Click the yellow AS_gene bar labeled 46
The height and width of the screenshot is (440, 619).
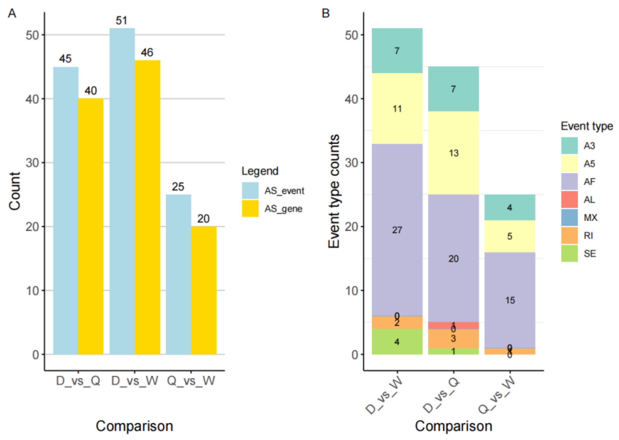point(147,207)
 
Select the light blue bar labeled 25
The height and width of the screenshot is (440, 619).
point(178,274)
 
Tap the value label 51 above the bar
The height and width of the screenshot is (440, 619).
point(121,21)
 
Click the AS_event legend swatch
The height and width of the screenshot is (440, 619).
point(250,190)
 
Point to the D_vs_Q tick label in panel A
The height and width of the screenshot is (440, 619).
point(78,381)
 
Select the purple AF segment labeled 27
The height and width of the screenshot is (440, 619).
point(397,230)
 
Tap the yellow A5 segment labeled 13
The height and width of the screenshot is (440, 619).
point(453,153)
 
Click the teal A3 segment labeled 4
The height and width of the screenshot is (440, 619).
point(509,207)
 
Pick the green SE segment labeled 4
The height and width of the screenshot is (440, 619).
point(397,341)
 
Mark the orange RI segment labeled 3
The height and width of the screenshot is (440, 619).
point(453,338)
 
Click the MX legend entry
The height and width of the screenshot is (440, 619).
point(590,218)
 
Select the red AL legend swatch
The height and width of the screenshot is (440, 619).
point(569,199)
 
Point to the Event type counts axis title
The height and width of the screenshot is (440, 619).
point(334,191)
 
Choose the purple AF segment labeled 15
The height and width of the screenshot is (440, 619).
point(509,300)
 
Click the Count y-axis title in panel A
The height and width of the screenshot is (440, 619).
point(15,191)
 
